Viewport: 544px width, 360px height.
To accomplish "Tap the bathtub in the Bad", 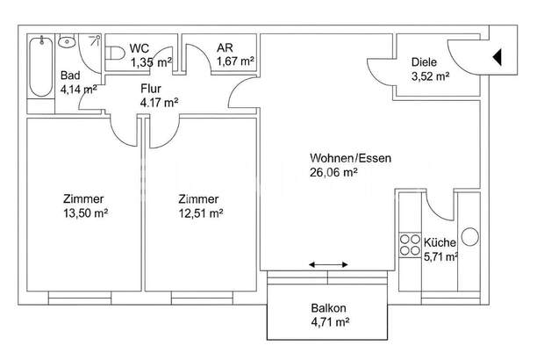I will tap(39, 70).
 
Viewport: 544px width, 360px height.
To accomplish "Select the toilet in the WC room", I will tap(115, 54).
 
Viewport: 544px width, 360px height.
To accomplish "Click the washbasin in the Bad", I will tap(67, 41).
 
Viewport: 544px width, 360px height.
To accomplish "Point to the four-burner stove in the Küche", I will tap(410, 244).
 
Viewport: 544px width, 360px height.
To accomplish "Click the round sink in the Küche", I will tap(469, 235).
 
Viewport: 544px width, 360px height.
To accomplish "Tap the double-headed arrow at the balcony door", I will tap(328, 264).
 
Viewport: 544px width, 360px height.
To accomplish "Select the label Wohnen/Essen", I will tap(349, 158).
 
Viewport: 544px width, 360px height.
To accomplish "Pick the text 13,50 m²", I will tap(83, 212).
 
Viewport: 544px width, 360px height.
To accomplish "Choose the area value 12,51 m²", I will tap(200, 212).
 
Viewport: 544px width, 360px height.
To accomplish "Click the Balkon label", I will tap(328, 308).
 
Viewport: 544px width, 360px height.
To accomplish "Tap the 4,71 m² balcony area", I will tap(328, 322).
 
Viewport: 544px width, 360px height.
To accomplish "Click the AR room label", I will tap(225, 48).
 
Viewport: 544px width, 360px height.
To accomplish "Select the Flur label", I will tap(151, 88).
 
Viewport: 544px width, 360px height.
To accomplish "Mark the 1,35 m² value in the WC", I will tap(151, 62).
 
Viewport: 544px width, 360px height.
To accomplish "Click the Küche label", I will tap(439, 242).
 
